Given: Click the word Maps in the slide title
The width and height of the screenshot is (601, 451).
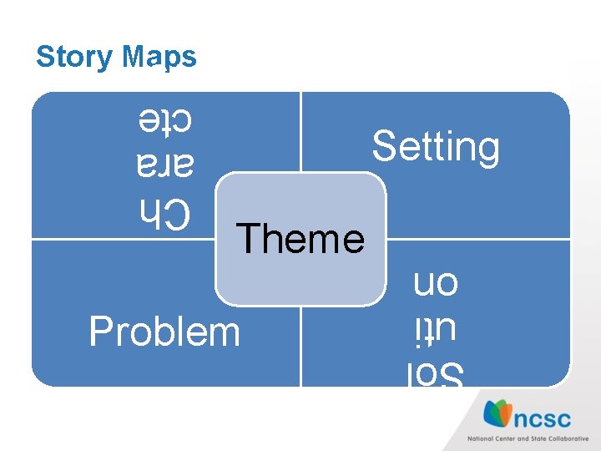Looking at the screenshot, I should click(159, 57).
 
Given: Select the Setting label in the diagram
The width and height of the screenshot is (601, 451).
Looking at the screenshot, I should click(436, 147).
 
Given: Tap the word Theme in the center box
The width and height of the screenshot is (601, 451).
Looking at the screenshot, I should click(300, 238).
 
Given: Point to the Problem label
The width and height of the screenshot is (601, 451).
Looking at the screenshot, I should click(164, 332).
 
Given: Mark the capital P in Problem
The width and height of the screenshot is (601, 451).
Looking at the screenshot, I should click(100, 332).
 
